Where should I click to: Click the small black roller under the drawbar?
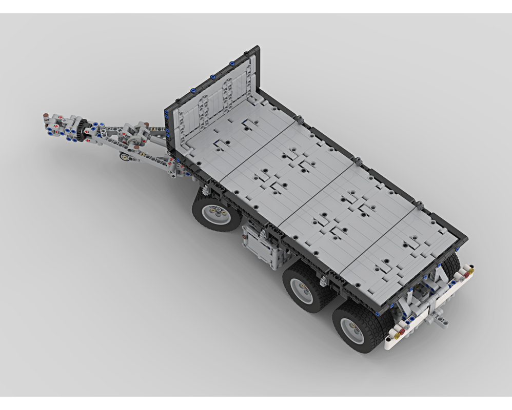coord(125,157)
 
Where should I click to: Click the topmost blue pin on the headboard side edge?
coord(167,112)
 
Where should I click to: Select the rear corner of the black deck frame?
coord(464,237)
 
